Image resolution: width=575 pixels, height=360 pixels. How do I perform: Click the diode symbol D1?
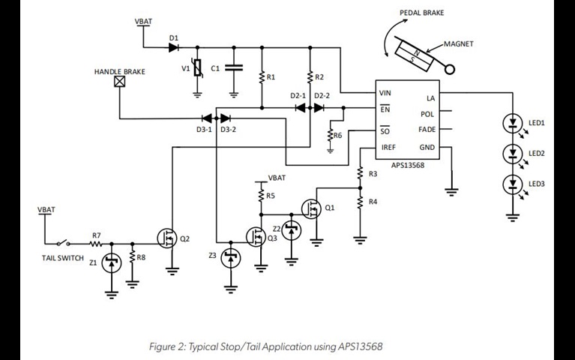coord(174,47)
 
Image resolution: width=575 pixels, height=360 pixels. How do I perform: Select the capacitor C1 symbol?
coord(233,68)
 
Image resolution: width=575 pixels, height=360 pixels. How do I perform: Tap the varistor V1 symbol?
coord(197,69)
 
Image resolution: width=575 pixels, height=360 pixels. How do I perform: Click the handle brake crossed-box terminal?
coord(119,84)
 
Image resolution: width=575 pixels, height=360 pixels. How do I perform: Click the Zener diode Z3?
coord(231,258)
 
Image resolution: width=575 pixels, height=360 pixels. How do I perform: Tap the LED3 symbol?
coord(514,184)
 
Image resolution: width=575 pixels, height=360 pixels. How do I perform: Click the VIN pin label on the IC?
coord(385,93)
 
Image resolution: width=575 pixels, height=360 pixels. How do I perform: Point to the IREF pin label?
coord(388,147)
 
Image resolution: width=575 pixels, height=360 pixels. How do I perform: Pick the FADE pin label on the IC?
coord(426,130)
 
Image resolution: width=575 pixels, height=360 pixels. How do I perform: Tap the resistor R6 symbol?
coord(330,135)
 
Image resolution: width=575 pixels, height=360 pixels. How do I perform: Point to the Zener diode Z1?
coord(111,262)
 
